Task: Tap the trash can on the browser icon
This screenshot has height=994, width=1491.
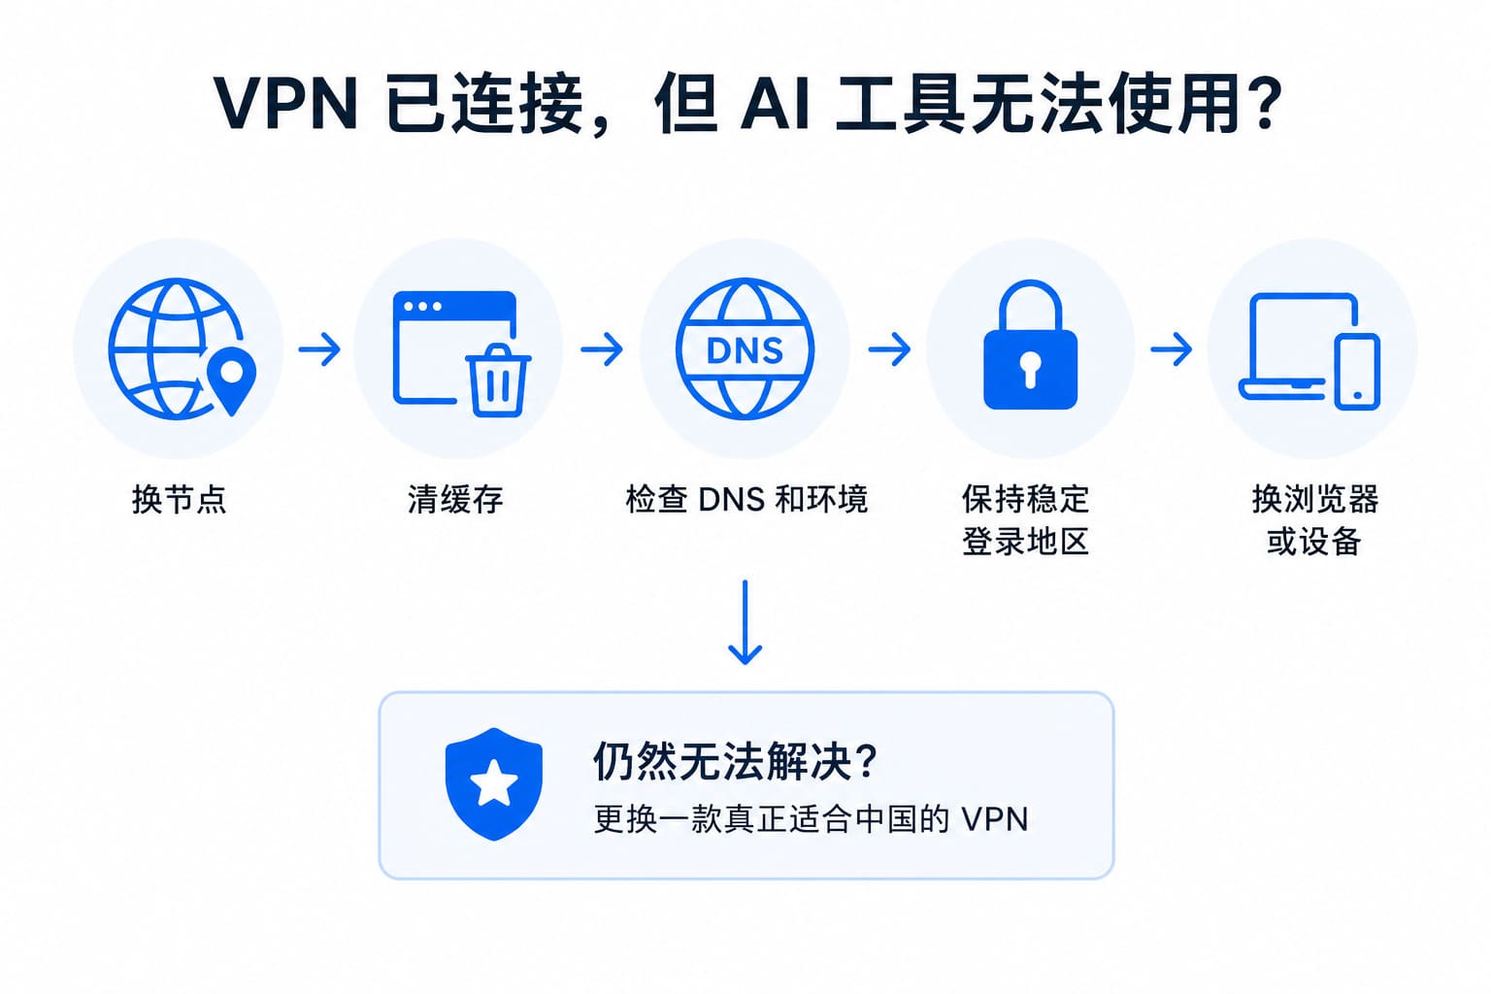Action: pos(498,381)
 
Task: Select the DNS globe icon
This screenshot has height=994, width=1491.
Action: pos(745,348)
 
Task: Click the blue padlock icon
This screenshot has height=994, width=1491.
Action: pos(1030,345)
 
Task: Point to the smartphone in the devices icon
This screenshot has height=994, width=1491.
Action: pos(1357,372)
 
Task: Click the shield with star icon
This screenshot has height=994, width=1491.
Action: pos(494,783)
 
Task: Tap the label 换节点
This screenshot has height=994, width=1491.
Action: pos(179,499)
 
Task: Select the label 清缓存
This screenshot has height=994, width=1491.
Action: pos(455,499)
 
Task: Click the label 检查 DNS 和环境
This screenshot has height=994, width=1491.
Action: pos(746,499)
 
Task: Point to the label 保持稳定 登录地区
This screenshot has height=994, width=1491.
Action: pos(1026,520)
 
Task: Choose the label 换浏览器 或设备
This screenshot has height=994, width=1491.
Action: pos(1314,520)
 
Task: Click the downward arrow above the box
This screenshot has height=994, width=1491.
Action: pos(745,622)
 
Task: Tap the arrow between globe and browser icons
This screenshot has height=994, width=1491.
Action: pos(319,348)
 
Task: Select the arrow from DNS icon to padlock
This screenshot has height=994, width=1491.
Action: pos(889,348)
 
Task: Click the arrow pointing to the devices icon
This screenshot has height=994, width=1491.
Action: pos(1172,348)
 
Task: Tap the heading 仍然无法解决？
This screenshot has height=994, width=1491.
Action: pos(735,761)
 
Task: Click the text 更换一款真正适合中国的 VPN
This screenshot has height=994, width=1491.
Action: pos(812,819)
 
